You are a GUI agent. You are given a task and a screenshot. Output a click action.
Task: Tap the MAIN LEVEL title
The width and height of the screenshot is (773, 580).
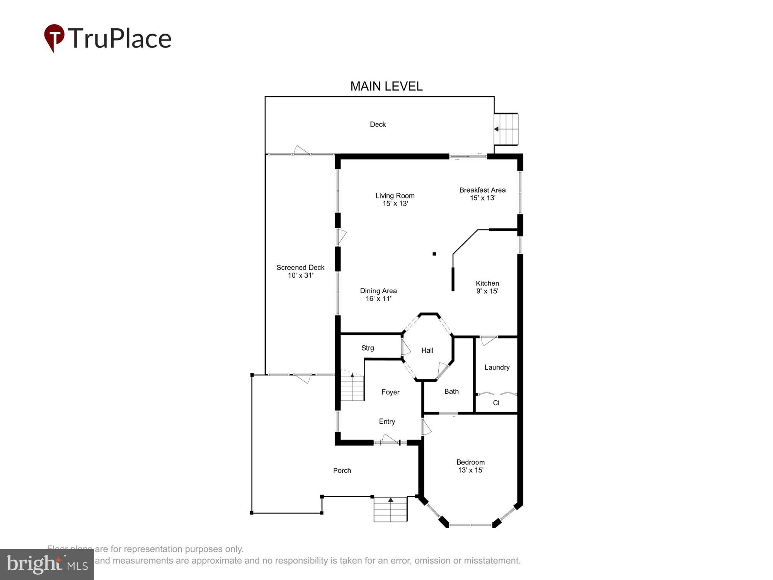386,86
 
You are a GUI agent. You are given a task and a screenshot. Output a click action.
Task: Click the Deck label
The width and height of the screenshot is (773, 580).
378,125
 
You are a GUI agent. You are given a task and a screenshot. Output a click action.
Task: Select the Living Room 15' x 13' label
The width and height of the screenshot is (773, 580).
395,200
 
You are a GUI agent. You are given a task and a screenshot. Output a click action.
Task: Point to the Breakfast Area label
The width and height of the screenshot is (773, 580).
482,194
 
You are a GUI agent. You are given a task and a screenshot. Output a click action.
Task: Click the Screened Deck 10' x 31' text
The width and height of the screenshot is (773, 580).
300,271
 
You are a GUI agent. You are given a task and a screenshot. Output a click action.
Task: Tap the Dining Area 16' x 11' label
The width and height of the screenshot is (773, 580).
378,295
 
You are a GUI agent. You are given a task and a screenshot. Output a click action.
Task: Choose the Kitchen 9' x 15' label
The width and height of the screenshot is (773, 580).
487,287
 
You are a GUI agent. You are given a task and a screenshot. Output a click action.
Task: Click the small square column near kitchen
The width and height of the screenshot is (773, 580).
434,254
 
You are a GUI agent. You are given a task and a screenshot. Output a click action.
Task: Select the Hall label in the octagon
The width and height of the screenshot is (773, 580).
427,350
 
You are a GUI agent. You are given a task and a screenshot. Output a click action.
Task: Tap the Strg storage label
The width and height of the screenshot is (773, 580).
368,348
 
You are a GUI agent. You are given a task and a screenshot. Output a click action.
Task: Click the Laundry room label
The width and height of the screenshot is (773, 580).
497,367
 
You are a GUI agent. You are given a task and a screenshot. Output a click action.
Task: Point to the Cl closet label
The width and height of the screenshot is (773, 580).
496,403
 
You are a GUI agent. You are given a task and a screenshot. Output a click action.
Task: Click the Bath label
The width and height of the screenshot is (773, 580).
451,392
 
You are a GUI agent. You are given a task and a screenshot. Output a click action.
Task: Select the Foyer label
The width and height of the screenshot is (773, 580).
390,392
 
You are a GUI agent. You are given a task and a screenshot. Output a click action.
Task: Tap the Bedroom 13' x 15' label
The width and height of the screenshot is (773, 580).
470,466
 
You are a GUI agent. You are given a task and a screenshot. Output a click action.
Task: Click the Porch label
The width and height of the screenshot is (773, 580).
342,471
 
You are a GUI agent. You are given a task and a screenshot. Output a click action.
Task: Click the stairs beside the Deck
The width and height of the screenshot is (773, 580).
506,129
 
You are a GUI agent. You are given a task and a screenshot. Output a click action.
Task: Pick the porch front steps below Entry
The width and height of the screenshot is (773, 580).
390,509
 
